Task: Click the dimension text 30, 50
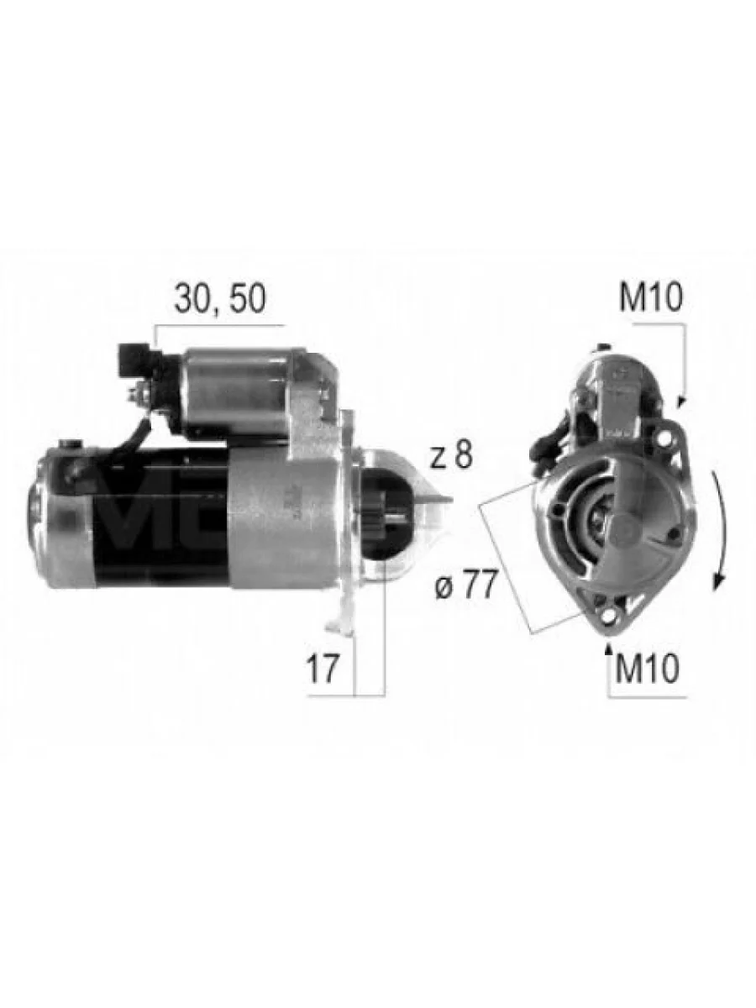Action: pyautogui.click(x=220, y=299)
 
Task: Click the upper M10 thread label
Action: pyautogui.click(x=651, y=297)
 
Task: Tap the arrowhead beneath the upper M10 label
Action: pyautogui.click(x=681, y=402)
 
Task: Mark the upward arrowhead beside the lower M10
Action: pyautogui.click(x=609, y=648)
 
